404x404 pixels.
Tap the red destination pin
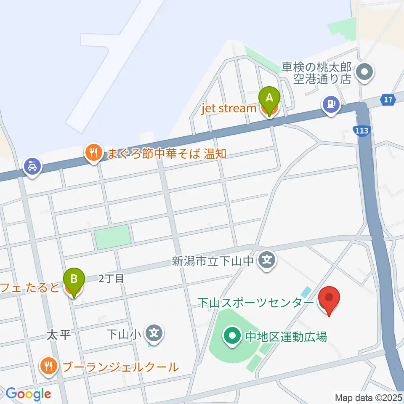click(x=329, y=299)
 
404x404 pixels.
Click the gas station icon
click(x=331, y=103)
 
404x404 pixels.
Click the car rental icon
click(x=32, y=166)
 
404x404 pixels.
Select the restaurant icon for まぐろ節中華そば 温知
click(x=93, y=153)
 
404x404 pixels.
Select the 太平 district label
click(x=58, y=335)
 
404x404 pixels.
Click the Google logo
click(x=28, y=394)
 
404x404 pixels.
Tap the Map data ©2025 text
click(x=369, y=397)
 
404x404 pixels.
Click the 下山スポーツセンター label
click(x=255, y=303)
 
